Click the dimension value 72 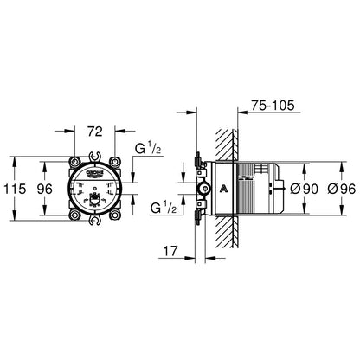pos(95,132)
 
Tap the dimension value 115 pos(15,189)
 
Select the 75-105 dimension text pos(273,105)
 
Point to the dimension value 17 pos(170,251)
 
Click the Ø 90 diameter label pos(304,189)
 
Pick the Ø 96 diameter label pos(342,189)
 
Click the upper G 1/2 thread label pos(148,149)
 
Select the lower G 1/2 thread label pos(164,208)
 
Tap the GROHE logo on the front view pos(95,173)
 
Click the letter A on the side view pos(223,189)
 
